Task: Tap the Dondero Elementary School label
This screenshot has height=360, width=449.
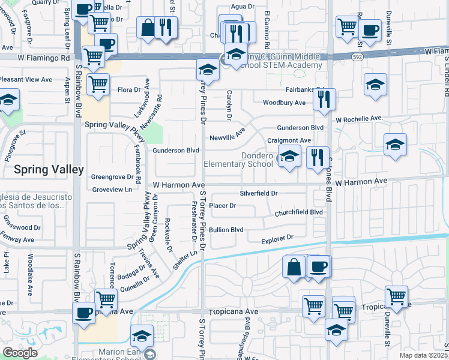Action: [238, 159]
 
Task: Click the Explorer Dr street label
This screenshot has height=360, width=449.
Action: [277, 238]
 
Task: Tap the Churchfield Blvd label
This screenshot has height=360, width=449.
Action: [299, 212]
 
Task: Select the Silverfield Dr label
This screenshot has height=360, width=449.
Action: [259, 193]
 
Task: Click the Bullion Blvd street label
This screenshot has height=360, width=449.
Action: [226, 229]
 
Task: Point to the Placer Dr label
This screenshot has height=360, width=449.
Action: [222, 205]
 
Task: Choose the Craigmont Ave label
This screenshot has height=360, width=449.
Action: [289, 140]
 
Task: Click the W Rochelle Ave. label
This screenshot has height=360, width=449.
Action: [359, 118]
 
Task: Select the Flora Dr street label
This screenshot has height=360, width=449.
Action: [128, 90]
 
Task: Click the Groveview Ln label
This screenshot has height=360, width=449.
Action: [111, 189]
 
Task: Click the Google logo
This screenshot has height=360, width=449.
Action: [20, 353]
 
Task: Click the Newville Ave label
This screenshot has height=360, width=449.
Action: [228, 137]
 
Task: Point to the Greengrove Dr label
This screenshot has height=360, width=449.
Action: [112, 177]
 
